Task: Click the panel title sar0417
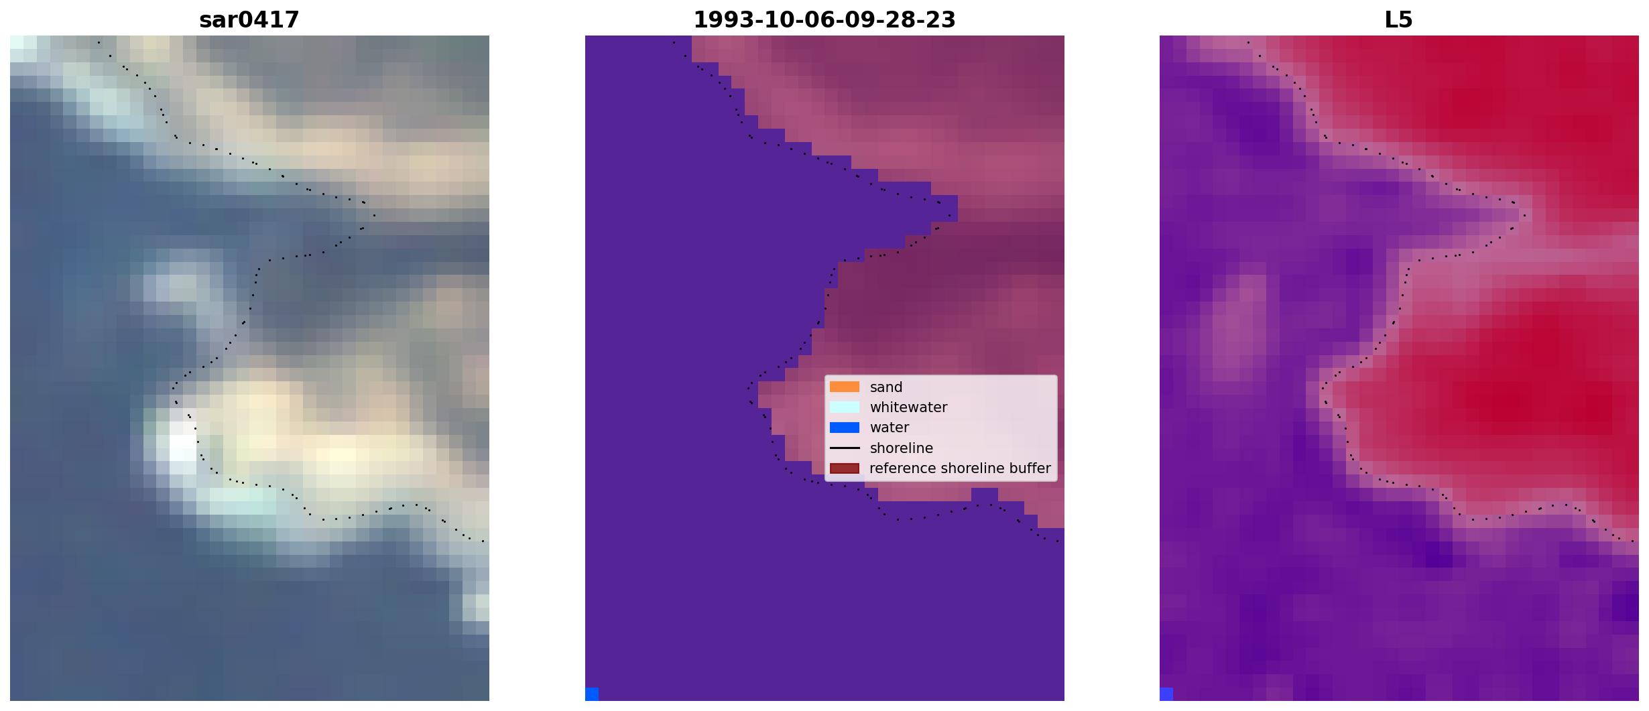(249, 20)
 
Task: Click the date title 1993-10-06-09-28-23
(824, 20)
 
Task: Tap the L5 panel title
(1399, 20)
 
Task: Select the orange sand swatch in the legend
(845, 387)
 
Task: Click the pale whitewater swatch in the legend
(845, 407)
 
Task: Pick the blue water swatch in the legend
(845, 428)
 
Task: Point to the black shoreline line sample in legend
(845, 448)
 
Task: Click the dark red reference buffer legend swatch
(845, 468)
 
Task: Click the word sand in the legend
(886, 387)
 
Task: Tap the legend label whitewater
(908, 407)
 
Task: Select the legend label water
(890, 428)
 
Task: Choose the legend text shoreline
(902, 448)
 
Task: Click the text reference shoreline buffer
(960, 468)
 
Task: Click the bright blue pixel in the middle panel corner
(592, 694)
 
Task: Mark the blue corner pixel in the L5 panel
(1166, 694)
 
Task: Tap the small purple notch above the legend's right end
(985, 495)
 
